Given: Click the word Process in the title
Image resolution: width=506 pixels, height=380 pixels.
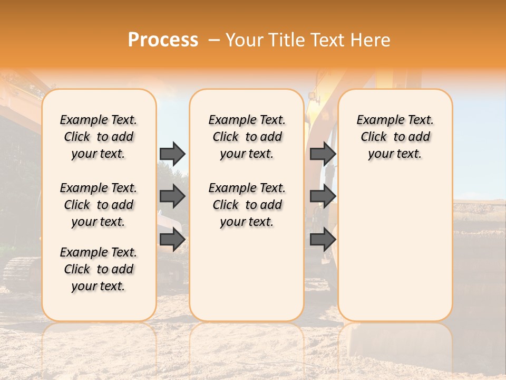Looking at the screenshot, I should (163, 40).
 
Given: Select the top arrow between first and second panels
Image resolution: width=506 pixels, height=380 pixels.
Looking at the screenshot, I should (172, 154).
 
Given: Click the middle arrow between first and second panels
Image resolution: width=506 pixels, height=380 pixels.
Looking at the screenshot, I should (172, 196).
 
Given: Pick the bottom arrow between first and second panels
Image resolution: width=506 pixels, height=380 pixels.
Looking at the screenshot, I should (172, 240).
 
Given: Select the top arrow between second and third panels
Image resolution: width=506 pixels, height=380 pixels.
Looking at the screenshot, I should (323, 154).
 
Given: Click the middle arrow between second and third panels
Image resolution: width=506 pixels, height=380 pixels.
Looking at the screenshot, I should (323, 196).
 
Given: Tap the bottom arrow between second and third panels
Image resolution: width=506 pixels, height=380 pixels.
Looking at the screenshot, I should (323, 240).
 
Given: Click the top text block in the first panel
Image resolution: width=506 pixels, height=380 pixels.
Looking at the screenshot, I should (99, 137).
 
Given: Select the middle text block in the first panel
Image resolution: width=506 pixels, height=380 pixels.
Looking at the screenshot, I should (99, 205).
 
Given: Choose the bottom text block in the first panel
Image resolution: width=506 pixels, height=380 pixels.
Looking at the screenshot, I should (99, 269).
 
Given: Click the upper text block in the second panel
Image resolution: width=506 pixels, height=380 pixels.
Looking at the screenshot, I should (247, 137).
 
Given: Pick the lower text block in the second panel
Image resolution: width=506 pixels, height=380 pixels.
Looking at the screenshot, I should (247, 205).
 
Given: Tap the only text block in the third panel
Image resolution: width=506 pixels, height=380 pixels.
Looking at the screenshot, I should (395, 137).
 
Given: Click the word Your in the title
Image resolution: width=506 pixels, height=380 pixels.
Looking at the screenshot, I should (244, 40).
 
